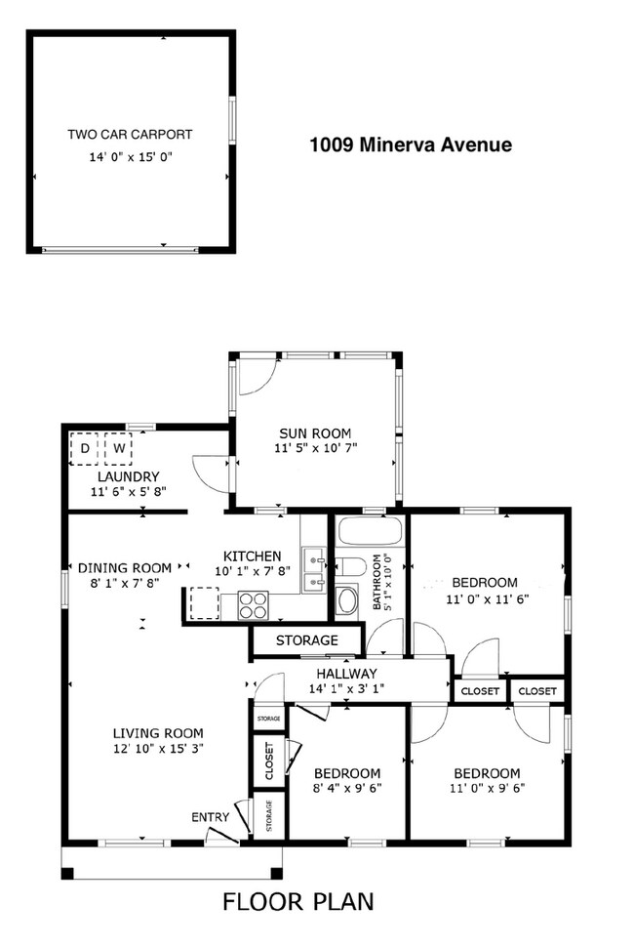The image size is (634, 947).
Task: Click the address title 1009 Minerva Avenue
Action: click(410, 145)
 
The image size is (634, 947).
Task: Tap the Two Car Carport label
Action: click(130, 135)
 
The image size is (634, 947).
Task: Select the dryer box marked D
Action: click(85, 449)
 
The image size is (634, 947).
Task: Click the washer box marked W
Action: click(118, 449)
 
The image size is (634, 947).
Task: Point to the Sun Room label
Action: click(315, 433)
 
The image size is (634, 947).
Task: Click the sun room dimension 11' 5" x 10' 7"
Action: click(315, 449)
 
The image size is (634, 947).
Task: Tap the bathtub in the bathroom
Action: click(368, 533)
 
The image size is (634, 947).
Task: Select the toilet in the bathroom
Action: click(348, 566)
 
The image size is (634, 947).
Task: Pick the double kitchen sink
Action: click(313, 571)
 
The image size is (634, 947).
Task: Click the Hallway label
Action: click(346, 674)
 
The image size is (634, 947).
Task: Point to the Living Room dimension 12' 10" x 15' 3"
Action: click(157, 749)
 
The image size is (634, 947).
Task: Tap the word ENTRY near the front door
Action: click(210, 817)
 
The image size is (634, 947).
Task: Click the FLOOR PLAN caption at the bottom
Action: click(297, 900)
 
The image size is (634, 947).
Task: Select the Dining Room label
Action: click(125, 567)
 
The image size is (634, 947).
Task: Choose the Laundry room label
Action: click(121, 477)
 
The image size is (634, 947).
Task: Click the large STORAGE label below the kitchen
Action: click(306, 640)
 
